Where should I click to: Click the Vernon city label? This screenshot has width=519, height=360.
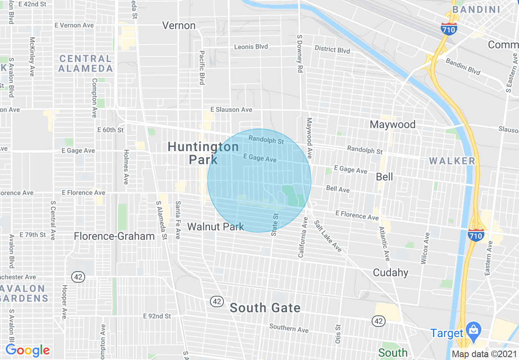pyautogui.click(x=179, y=25)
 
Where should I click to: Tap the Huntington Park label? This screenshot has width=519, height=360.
pyautogui.click(x=203, y=153)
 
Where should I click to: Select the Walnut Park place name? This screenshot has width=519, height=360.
pyautogui.click(x=216, y=227)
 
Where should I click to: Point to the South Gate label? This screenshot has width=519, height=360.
pyautogui.click(x=265, y=308)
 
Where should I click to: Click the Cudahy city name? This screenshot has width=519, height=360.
pyautogui.click(x=390, y=272)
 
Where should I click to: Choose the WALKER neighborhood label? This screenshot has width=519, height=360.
pyautogui.click(x=452, y=161)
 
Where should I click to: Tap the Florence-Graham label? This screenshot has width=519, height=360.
pyautogui.click(x=114, y=236)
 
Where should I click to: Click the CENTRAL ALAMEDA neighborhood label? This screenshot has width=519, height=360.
pyautogui.click(x=85, y=63)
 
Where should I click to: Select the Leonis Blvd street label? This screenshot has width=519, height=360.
pyautogui.click(x=251, y=47)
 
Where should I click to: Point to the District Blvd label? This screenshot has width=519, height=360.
pyautogui.click(x=332, y=49)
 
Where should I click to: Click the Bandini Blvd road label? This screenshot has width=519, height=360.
pyautogui.click(x=463, y=66)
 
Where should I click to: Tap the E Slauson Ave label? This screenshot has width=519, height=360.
pyautogui.click(x=231, y=110)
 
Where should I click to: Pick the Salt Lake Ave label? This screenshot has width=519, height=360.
pyautogui.click(x=328, y=236)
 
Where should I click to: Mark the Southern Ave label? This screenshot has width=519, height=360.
pyautogui.click(x=289, y=328)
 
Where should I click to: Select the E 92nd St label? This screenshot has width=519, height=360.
pyautogui.click(x=157, y=316)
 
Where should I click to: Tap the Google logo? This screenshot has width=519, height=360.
pyautogui.click(x=27, y=351)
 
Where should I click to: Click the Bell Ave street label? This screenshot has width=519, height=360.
pyautogui.click(x=338, y=189)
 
